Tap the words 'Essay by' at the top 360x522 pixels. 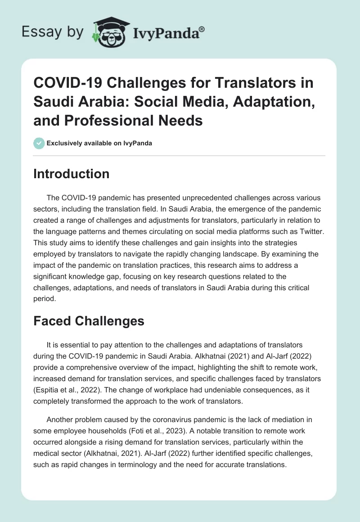pos(52,32)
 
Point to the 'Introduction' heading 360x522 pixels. pos(72,174)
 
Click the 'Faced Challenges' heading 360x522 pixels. pos(89,321)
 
